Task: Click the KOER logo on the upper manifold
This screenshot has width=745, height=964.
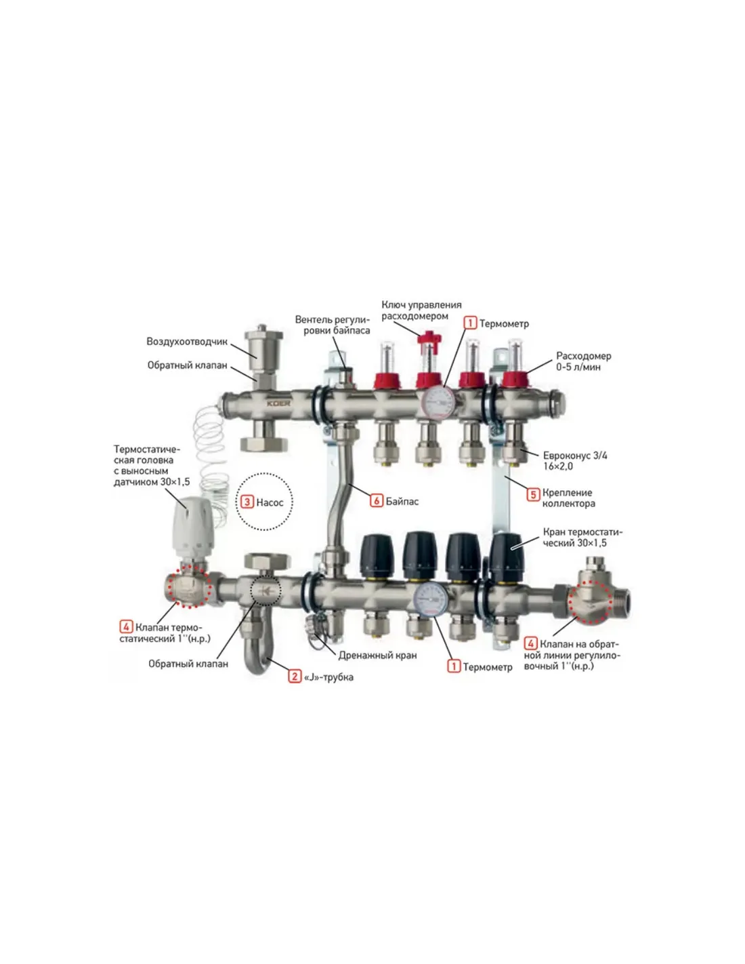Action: pos(278,403)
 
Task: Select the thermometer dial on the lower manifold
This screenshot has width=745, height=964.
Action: pos(429,599)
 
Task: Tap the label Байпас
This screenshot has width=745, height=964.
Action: pos(402,501)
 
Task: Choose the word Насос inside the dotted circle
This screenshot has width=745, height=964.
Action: pos(270,502)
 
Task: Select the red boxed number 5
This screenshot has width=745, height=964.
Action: pos(533,494)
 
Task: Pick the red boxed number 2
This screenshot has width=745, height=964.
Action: pos(295,677)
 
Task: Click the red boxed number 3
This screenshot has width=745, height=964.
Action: pos(247,502)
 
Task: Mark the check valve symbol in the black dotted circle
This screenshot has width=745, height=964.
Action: pos(265,591)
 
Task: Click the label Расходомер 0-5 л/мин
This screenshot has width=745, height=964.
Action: pos(584,361)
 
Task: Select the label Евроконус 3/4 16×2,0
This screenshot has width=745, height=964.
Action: pos(575,461)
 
